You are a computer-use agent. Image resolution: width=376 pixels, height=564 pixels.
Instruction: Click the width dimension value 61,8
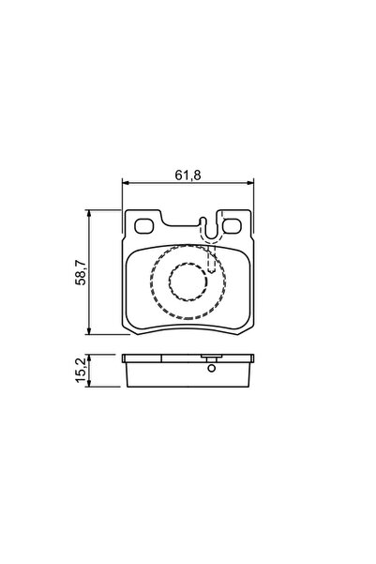coord(188,174)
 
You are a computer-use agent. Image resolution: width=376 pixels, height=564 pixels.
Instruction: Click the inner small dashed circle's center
coord(188,282)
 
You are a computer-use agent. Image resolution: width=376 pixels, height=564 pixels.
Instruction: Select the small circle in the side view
coord(211,368)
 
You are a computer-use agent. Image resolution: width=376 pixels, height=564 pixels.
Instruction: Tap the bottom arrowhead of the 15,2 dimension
coord(89,383)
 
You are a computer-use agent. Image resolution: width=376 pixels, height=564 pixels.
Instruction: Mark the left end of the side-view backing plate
coord(125,358)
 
